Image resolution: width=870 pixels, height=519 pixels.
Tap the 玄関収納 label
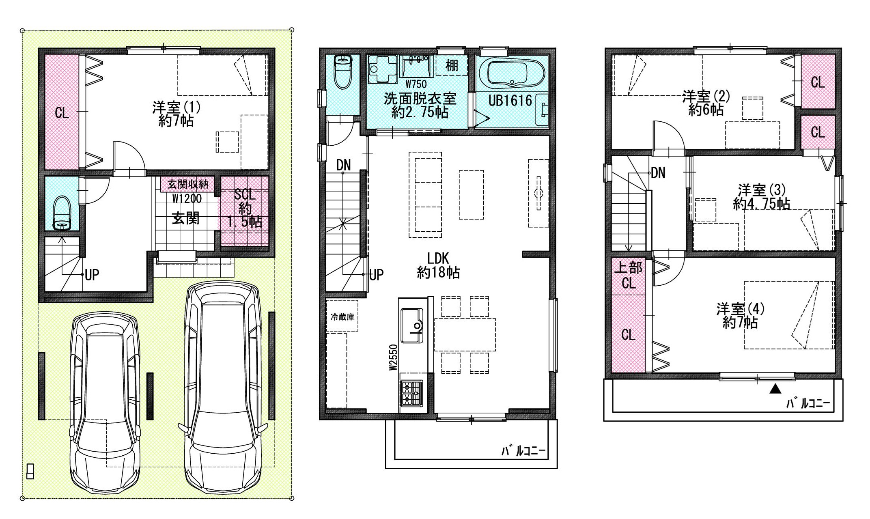188,185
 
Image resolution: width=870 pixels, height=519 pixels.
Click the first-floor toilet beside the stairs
62,213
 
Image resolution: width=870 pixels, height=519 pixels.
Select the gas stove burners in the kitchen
412,393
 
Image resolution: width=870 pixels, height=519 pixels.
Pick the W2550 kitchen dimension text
392,357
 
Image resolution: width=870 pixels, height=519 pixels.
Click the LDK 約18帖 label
438,265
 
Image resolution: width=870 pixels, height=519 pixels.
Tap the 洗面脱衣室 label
420,99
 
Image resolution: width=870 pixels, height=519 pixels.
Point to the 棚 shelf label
452,65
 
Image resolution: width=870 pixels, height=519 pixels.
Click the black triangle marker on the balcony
775,389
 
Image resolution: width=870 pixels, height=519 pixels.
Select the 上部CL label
628,275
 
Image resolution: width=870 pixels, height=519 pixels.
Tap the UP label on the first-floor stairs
92,275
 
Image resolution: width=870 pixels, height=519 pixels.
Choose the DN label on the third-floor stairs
658,173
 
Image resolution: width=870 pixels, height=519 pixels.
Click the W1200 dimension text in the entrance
187,198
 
